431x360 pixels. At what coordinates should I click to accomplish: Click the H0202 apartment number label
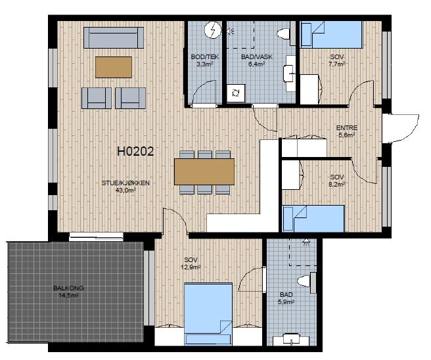(135, 151)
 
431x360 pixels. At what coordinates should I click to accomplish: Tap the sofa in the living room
(114, 37)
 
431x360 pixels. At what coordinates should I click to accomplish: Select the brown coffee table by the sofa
(114, 67)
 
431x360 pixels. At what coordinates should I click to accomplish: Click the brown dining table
(204, 171)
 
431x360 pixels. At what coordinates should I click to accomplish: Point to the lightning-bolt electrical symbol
(213, 30)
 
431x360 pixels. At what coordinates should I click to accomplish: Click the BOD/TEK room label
(205, 57)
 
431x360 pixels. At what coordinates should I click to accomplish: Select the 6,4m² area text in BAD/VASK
(257, 64)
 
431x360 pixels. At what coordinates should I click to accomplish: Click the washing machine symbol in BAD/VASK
(236, 93)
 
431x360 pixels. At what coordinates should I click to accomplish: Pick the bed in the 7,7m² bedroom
(332, 35)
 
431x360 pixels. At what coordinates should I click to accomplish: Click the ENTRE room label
(347, 128)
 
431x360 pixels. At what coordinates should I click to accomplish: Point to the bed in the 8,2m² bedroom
(313, 219)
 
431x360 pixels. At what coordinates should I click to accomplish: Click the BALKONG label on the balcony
(68, 288)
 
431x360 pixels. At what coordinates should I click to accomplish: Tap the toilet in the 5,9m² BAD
(306, 282)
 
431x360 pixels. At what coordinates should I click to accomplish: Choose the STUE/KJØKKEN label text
(125, 183)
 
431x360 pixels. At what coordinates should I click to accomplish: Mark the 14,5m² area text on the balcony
(69, 296)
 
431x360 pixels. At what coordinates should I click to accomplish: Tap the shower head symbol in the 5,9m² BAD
(306, 242)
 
